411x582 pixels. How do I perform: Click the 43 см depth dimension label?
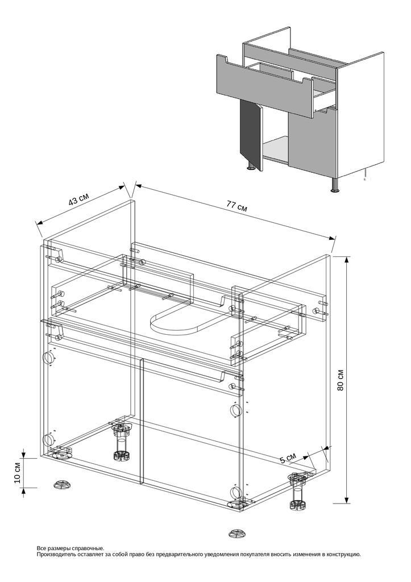pos(78,199)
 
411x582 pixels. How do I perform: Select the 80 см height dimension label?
pos(341,380)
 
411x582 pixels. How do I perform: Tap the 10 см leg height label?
pos(18,473)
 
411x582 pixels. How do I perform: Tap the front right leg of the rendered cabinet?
pos(335,185)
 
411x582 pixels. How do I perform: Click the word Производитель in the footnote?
pos(52,555)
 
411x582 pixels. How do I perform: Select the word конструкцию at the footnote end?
pos(345,555)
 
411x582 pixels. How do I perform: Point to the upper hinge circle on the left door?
pos(48,358)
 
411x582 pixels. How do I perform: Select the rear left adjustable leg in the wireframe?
pos(121,441)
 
